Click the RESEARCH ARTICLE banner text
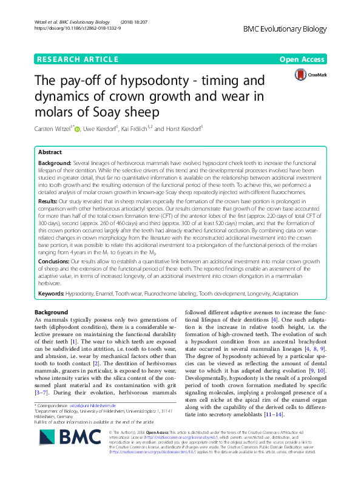point(77,59)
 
